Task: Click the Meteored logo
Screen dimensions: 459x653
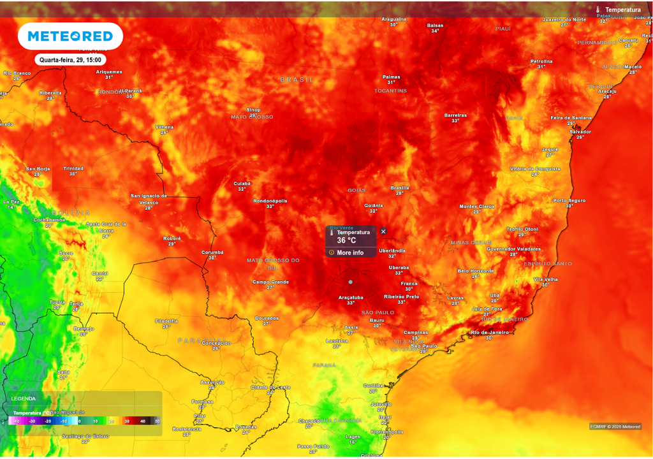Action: click(x=70, y=36)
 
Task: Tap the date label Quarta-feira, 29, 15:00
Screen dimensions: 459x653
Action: click(x=70, y=60)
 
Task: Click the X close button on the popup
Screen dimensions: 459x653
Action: click(x=383, y=231)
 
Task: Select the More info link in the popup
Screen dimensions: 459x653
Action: click(x=350, y=252)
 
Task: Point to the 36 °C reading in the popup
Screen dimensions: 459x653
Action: click(x=346, y=241)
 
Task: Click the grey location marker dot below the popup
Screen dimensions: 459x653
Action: click(x=350, y=282)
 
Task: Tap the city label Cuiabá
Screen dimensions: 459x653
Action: click(x=242, y=184)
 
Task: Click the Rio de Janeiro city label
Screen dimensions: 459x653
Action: click(x=489, y=332)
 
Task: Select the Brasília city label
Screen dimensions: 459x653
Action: click(x=400, y=187)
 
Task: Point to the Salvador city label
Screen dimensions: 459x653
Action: click(x=580, y=132)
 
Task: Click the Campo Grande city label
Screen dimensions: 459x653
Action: click(x=271, y=282)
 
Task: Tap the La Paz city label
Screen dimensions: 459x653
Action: click(x=11, y=201)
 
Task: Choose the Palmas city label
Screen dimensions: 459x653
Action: click(x=392, y=77)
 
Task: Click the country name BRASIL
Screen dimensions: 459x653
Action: click(x=297, y=80)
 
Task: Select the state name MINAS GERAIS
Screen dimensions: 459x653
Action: click(x=472, y=243)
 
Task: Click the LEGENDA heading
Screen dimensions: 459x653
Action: click(x=24, y=398)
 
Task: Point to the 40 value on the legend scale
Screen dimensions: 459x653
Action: click(x=143, y=421)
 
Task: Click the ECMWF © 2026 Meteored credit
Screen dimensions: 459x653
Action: click(x=615, y=426)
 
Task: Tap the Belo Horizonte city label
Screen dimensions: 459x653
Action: click(x=476, y=271)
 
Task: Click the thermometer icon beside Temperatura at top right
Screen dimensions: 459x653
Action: click(x=598, y=10)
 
